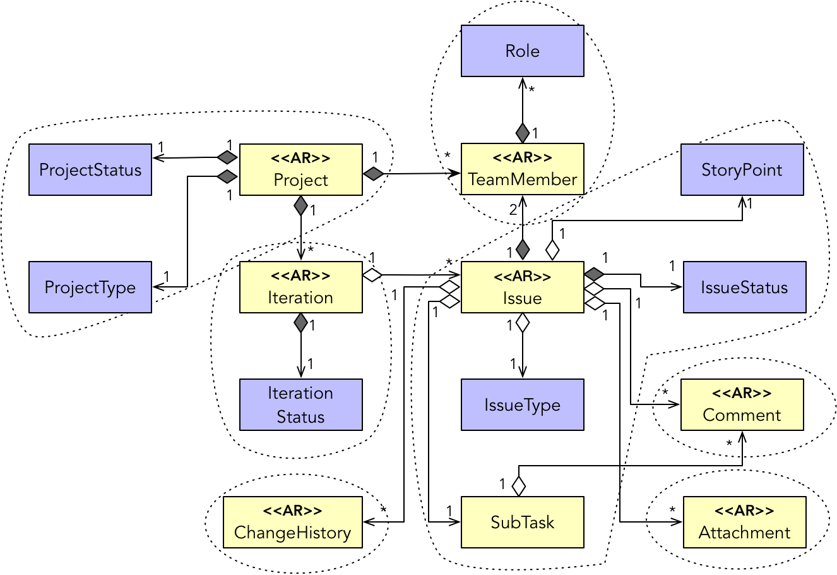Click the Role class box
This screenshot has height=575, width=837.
522,51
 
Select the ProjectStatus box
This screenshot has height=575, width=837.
90,170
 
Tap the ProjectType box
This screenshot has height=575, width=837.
90,287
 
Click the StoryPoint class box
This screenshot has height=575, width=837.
742,170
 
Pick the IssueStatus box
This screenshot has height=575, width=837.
744,287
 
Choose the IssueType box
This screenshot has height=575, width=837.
522,405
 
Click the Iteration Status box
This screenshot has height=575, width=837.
300,405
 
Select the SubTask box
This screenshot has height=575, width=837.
522,523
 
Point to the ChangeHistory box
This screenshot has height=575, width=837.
293,523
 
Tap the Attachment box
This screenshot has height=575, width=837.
744,523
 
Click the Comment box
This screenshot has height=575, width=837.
742,405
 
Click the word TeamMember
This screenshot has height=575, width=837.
523,179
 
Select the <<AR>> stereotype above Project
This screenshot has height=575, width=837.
300,158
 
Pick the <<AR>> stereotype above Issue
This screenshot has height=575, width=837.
522,276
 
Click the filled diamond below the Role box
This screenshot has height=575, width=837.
523,133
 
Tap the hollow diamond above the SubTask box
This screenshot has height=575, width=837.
518,486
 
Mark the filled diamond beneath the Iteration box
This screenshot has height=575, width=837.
301,324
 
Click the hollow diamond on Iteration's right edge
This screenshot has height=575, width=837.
372,274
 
